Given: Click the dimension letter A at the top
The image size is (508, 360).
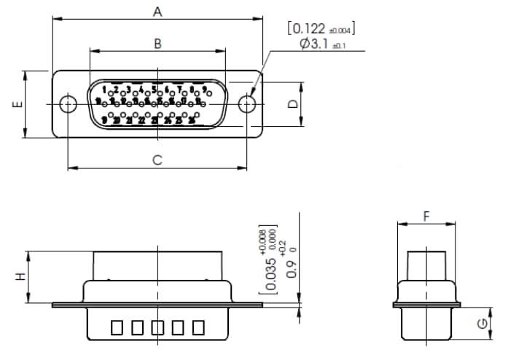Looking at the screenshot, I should point(157,11).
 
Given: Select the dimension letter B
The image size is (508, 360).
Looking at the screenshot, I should point(157,43).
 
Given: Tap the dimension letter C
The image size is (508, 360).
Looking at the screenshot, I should point(157,160).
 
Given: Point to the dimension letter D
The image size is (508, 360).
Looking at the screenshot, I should point(292,104).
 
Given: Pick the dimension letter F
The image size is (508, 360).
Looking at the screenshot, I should point(426,216).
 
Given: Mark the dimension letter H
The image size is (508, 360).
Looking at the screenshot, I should point(21,277).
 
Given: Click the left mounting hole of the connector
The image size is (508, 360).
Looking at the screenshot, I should point(68,103).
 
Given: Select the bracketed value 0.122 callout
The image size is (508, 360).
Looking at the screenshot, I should point(321,28).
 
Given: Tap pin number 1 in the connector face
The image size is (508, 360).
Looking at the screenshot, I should point(104,90).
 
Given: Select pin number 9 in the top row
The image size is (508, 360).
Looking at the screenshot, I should point(205,90).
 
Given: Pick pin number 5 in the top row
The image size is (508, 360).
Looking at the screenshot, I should point(154,90).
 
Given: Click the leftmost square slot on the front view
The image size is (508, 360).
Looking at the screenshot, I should point(117,328).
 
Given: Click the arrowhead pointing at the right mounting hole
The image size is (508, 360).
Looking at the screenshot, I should point(254,94).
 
